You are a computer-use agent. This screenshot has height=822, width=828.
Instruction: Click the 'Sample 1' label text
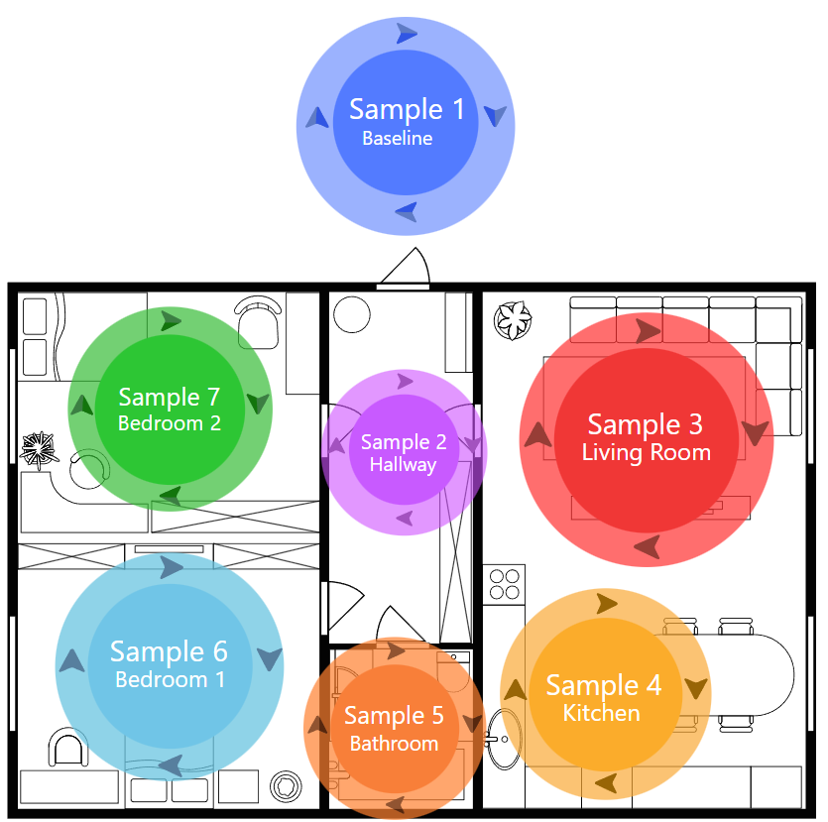407,110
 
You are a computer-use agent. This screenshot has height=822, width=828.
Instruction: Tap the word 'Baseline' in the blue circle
397,138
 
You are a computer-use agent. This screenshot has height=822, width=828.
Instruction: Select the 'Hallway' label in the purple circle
403,465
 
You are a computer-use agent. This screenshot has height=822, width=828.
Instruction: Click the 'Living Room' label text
646,452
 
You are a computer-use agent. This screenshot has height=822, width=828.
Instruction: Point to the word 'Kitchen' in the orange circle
602,713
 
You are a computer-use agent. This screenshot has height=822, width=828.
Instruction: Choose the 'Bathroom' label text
394,744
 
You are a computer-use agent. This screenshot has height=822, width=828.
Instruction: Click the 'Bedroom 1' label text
170,679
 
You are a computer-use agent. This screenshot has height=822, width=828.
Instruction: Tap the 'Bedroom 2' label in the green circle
169,423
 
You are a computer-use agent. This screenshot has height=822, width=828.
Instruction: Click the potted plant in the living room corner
513,320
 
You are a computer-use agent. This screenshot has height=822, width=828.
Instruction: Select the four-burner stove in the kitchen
505,585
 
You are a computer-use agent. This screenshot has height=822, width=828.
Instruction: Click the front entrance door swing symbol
405,267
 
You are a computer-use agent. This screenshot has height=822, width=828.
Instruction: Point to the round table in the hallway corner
352,314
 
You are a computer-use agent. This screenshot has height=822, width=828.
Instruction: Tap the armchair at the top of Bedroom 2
258,322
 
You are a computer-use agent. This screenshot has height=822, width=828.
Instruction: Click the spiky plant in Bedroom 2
39,450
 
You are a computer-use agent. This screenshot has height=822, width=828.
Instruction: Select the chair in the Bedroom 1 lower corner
68,747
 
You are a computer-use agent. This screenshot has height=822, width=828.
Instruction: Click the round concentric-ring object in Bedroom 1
286,786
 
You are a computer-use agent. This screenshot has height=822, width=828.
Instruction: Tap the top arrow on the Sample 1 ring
407,34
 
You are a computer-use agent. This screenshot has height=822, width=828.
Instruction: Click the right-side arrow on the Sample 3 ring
756,432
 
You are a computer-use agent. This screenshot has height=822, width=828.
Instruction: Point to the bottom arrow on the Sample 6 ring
172,764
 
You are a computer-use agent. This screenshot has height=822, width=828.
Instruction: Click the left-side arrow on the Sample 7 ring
82,405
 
